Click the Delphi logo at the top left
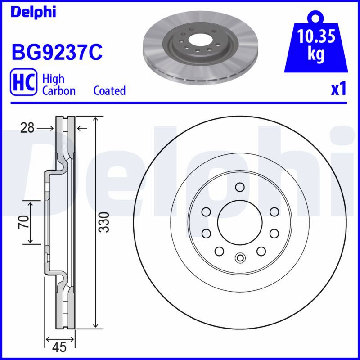tap(33, 12)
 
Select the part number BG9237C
tap(57, 52)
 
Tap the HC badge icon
tap(23, 82)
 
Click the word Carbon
tap(59, 91)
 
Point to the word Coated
tap(109, 91)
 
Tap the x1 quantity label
tap(338, 89)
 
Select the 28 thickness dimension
tap(27, 128)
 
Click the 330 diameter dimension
tap(104, 222)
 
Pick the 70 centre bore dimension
tap(24, 222)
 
